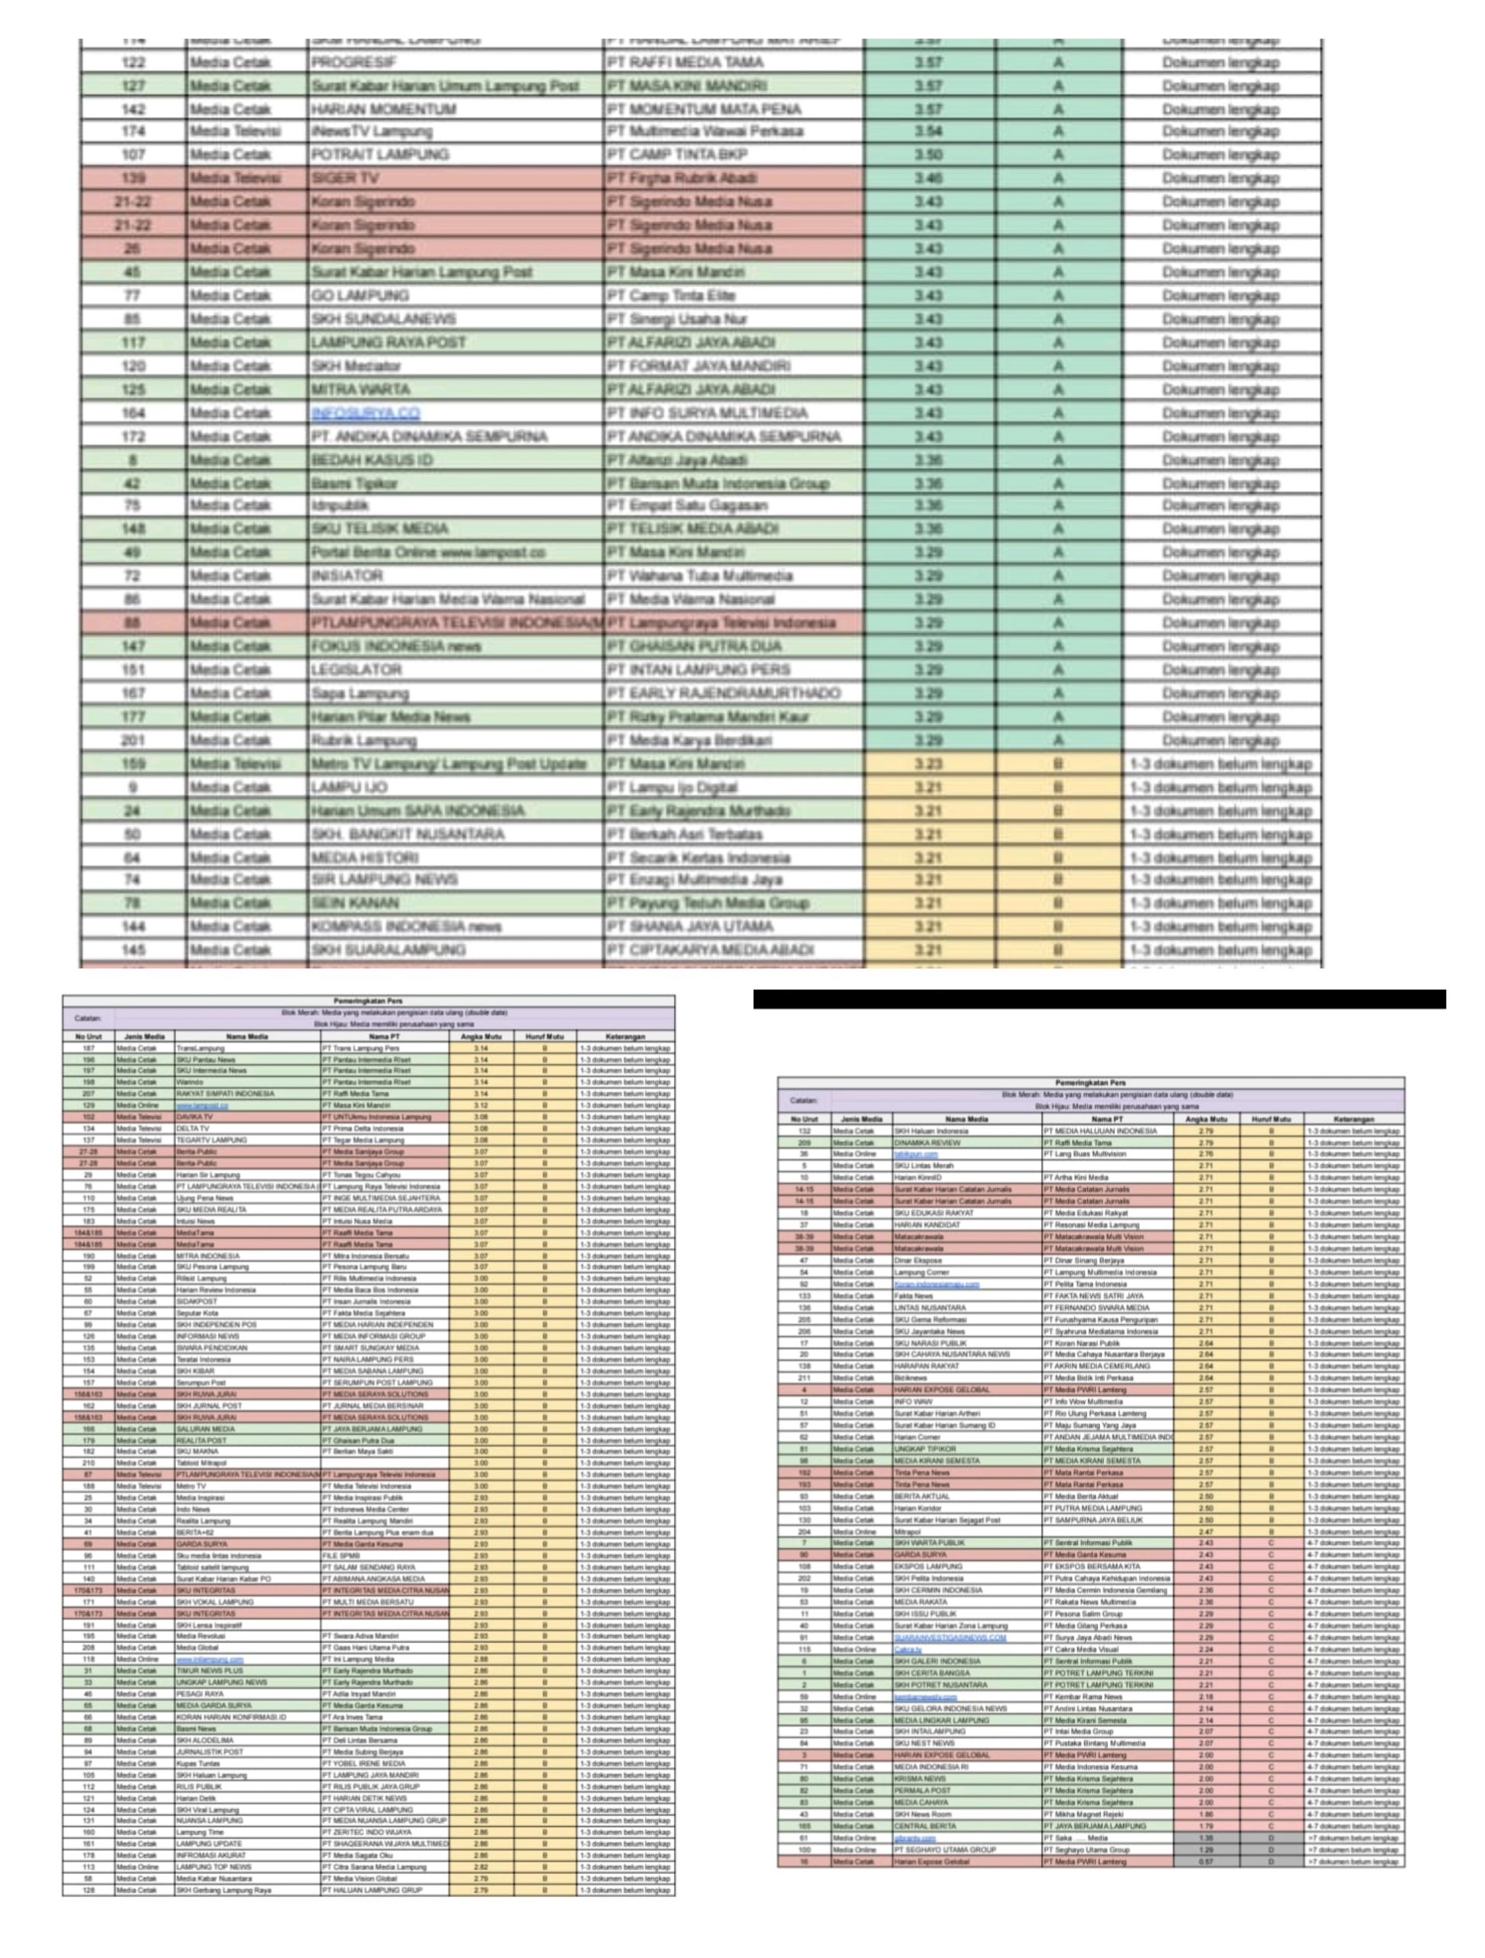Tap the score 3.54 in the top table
click(928, 131)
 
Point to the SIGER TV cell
click(345, 178)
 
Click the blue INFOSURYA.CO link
click(366, 413)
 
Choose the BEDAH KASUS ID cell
click(372, 460)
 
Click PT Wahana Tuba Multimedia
click(699, 576)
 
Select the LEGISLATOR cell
click(357, 670)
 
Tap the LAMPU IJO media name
click(349, 788)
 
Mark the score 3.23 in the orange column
click(928, 764)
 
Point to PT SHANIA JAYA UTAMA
click(691, 927)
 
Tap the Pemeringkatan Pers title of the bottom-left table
click(367, 1000)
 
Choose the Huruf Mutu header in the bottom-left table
click(544, 1036)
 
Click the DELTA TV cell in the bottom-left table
click(193, 1129)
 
